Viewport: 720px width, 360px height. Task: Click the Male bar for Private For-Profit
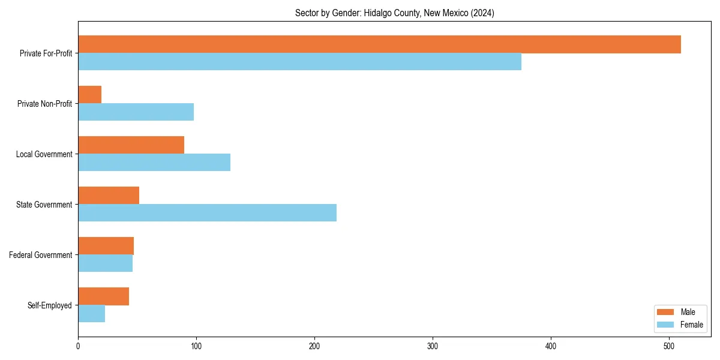379,44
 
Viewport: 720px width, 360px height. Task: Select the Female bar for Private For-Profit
299,62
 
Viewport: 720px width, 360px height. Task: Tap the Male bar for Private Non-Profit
89,95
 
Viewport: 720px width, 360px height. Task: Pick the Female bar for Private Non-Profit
136,112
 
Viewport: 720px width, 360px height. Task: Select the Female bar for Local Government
154,163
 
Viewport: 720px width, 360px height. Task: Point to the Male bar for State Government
109,196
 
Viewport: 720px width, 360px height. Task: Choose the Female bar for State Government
207,213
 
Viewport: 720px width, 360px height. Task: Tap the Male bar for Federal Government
106,246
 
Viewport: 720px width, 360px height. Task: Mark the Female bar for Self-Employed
91,314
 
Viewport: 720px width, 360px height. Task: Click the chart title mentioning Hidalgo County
394,13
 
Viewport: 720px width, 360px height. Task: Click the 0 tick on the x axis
78,346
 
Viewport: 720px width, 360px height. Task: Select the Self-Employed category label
50,305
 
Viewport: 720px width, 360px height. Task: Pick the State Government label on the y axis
44,205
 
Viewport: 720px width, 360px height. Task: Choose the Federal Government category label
41,255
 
